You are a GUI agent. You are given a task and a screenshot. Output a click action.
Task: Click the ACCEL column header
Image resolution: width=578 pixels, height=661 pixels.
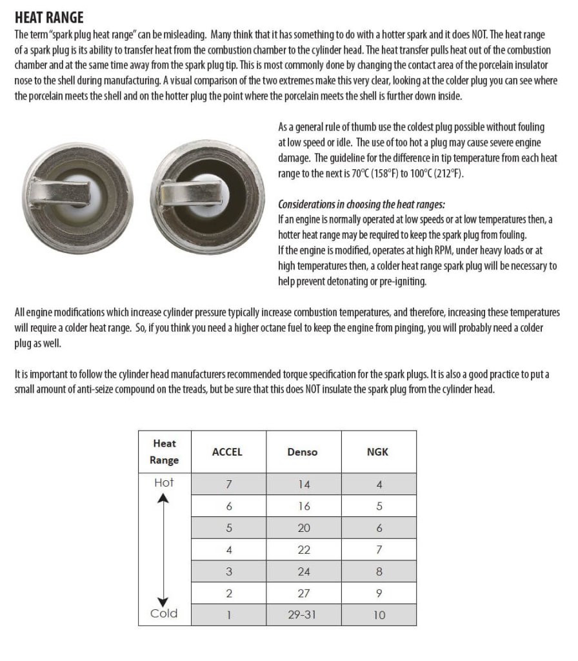click(x=227, y=452)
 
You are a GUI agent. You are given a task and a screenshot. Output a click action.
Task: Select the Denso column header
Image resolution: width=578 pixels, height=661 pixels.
click(x=303, y=452)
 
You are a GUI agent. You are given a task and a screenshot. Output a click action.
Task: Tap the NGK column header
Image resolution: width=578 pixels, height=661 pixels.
click(x=377, y=452)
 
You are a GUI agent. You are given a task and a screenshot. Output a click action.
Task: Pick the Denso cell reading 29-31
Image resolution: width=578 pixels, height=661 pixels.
click(x=303, y=615)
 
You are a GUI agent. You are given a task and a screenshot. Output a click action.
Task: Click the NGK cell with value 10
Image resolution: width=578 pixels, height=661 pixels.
click(x=379, y=615)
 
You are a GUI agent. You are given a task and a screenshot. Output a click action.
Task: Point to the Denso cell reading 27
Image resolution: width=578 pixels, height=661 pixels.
click(x=303, y=593)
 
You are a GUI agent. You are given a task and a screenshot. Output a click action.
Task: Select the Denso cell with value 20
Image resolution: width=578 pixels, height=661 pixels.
click(x=303, y=527)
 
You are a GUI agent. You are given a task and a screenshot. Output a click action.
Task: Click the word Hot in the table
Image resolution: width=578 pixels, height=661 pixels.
click(x=164, y=482)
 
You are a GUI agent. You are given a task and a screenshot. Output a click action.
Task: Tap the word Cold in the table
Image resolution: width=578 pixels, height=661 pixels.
click(x=164, y=613)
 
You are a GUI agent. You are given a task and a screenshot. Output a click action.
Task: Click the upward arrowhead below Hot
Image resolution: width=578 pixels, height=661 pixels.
click(x=164, y=498)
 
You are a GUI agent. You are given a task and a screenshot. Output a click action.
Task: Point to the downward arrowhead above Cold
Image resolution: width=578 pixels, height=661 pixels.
click(x=164, y=598)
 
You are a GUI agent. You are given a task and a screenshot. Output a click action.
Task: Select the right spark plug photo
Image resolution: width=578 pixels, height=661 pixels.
click(x=210, y=188)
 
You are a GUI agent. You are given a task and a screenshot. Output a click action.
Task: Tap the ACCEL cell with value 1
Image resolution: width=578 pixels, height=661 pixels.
click(x=228, y=615)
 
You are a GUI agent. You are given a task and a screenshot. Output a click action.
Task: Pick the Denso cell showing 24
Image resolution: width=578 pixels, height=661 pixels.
click(x=303, y=571)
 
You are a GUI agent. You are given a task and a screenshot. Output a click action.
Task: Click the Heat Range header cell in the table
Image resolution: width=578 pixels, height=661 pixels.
click(x=164, y=452)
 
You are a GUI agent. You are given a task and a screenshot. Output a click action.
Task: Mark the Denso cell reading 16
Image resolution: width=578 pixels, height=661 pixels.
click(x=303, y=506)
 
